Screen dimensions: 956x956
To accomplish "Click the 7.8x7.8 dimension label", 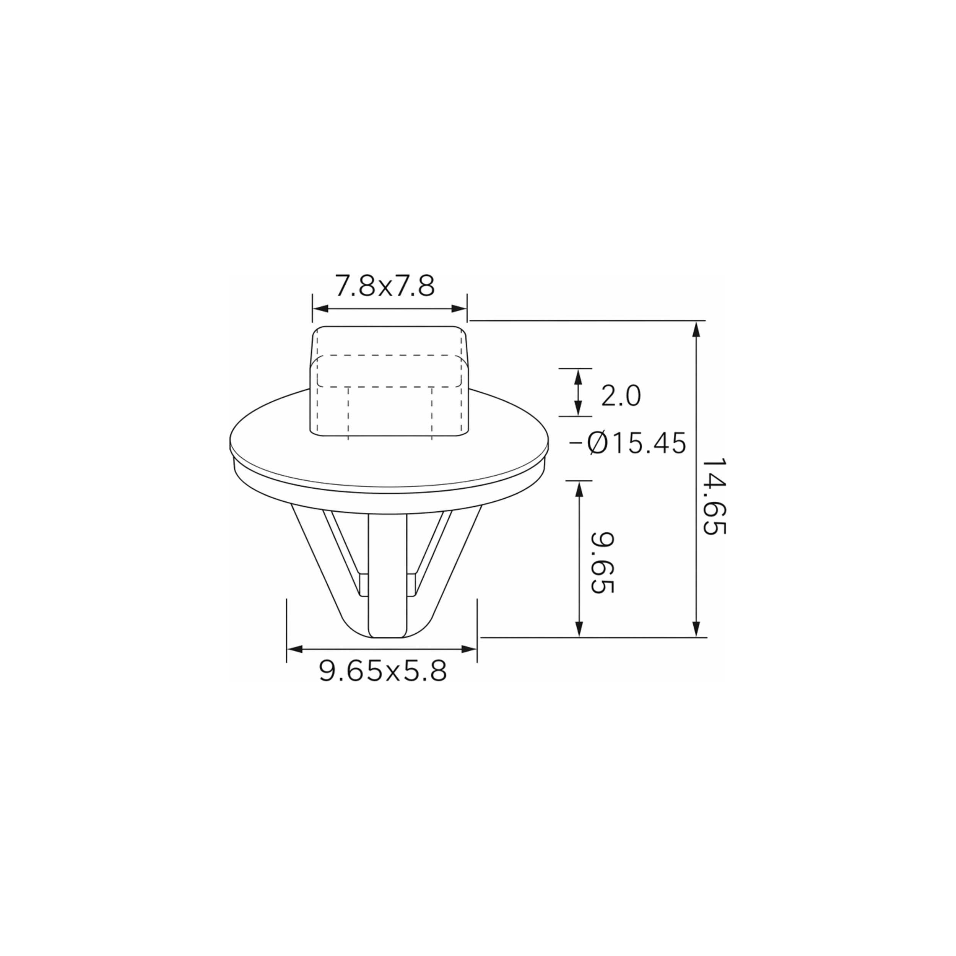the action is (385, 286).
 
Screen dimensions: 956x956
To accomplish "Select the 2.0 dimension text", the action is (621, 396).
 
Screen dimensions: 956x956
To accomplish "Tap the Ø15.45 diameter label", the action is (636, 443).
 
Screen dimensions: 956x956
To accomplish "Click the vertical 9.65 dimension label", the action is (602, 563).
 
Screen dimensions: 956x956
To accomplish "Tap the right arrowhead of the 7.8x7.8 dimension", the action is (459, 309).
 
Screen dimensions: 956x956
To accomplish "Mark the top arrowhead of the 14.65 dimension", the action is (696, 329).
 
